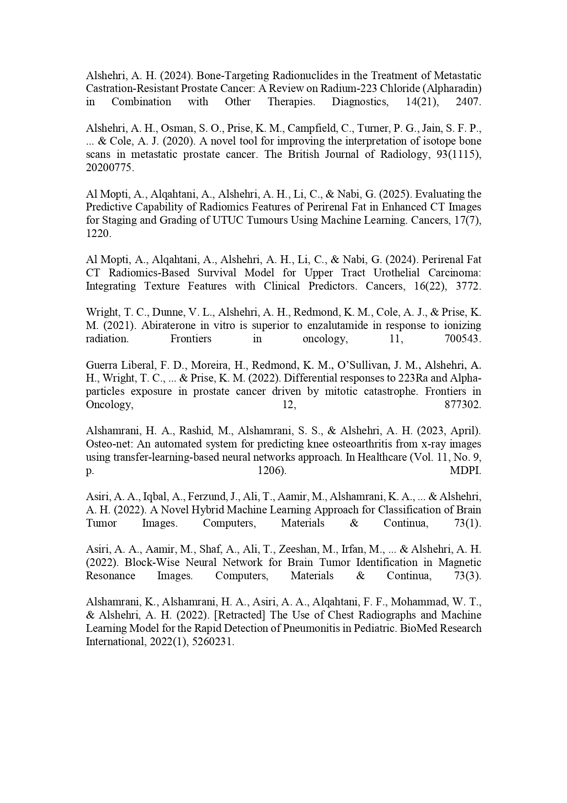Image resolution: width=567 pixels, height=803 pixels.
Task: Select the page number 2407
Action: (x=468, y=102)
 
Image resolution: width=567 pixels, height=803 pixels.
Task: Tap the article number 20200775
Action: (x=110, y=167)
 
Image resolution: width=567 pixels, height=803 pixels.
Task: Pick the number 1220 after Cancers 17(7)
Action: (x=98, y=233)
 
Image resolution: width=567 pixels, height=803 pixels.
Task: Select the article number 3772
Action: (x=468, y=286)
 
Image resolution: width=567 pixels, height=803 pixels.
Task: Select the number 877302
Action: (x=463, y=405)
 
